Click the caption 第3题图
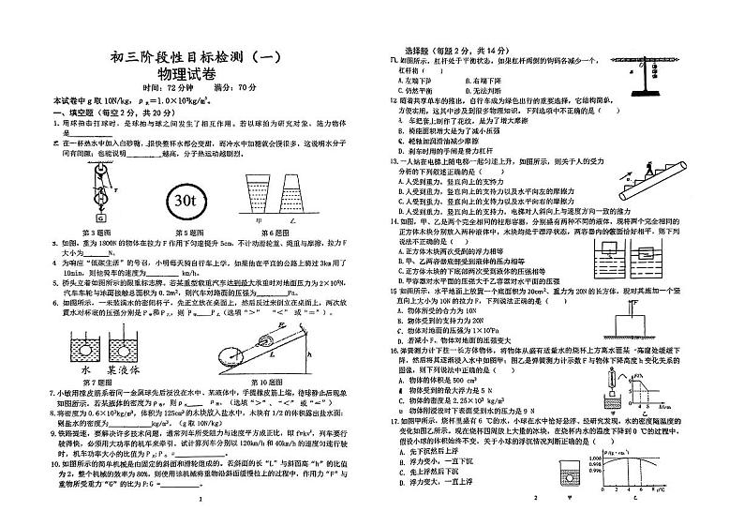click(x=97, y=232)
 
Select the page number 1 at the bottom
click(x=201, y=500)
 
